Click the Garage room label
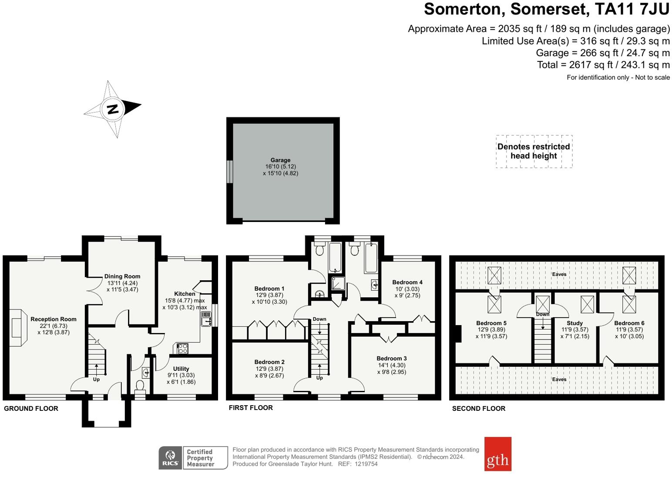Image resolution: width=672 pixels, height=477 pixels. pyautogui.click(x=280, y=160)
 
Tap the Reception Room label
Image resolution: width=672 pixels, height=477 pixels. pyautogui.click(x=53, y=319)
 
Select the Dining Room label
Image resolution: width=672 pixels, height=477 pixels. pyautogui.click(x=122, y=276)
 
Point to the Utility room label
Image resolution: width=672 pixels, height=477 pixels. pyautogui.click(x=181, y=369)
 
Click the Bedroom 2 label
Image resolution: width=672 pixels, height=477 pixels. pyautogui.click(x=269, y=362)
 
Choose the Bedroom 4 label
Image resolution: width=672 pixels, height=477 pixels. pyautogui.click(x=407, y=282)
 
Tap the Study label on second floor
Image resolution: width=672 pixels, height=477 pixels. pyautogui.click(x=575, y=323)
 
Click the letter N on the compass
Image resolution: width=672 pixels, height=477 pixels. pyautogui.click(x=113, y=109)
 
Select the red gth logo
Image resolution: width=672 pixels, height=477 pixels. pyautogui.click(x=497, y=454)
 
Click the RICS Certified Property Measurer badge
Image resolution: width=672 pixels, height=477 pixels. pyautogui.click(x=193, y=458)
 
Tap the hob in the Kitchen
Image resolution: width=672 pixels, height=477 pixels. pyautogui.click(x=182, y=349)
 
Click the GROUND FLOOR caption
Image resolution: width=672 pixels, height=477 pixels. pyautogui.click(x=31, y=408)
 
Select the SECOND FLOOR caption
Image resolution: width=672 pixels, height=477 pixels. pyautogui.click(x=478, y=408)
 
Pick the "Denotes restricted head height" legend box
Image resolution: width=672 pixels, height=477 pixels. pyautogui.click(x=534, y=151)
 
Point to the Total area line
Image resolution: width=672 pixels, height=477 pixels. pyautogui.click(x=603, y=65)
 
